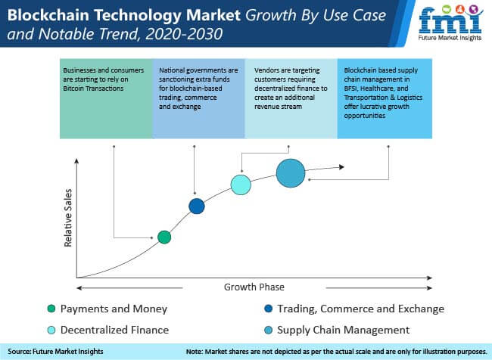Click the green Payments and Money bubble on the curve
tap(164, 237)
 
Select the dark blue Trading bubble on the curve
tap(197, 206)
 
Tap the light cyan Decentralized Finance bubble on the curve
tap(241, 185)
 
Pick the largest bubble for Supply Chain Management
tap(291, 173)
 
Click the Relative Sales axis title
tap(68, 218)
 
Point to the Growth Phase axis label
tap(254, 287)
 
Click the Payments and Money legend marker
tap(51, 309)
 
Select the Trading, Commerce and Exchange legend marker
tap(268, 309)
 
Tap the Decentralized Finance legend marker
tap(51, 330)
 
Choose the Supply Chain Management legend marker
tap(268, 330)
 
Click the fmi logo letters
tap(450, 20)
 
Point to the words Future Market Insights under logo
tap(450, 38)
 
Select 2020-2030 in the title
tap(184, 34)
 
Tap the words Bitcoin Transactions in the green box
tap(93, 88)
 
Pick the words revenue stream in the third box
tap(278, 107)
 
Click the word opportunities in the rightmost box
tap(365, 116)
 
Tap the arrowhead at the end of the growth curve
tap(341, 167)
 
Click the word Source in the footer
tap(19, 352)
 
